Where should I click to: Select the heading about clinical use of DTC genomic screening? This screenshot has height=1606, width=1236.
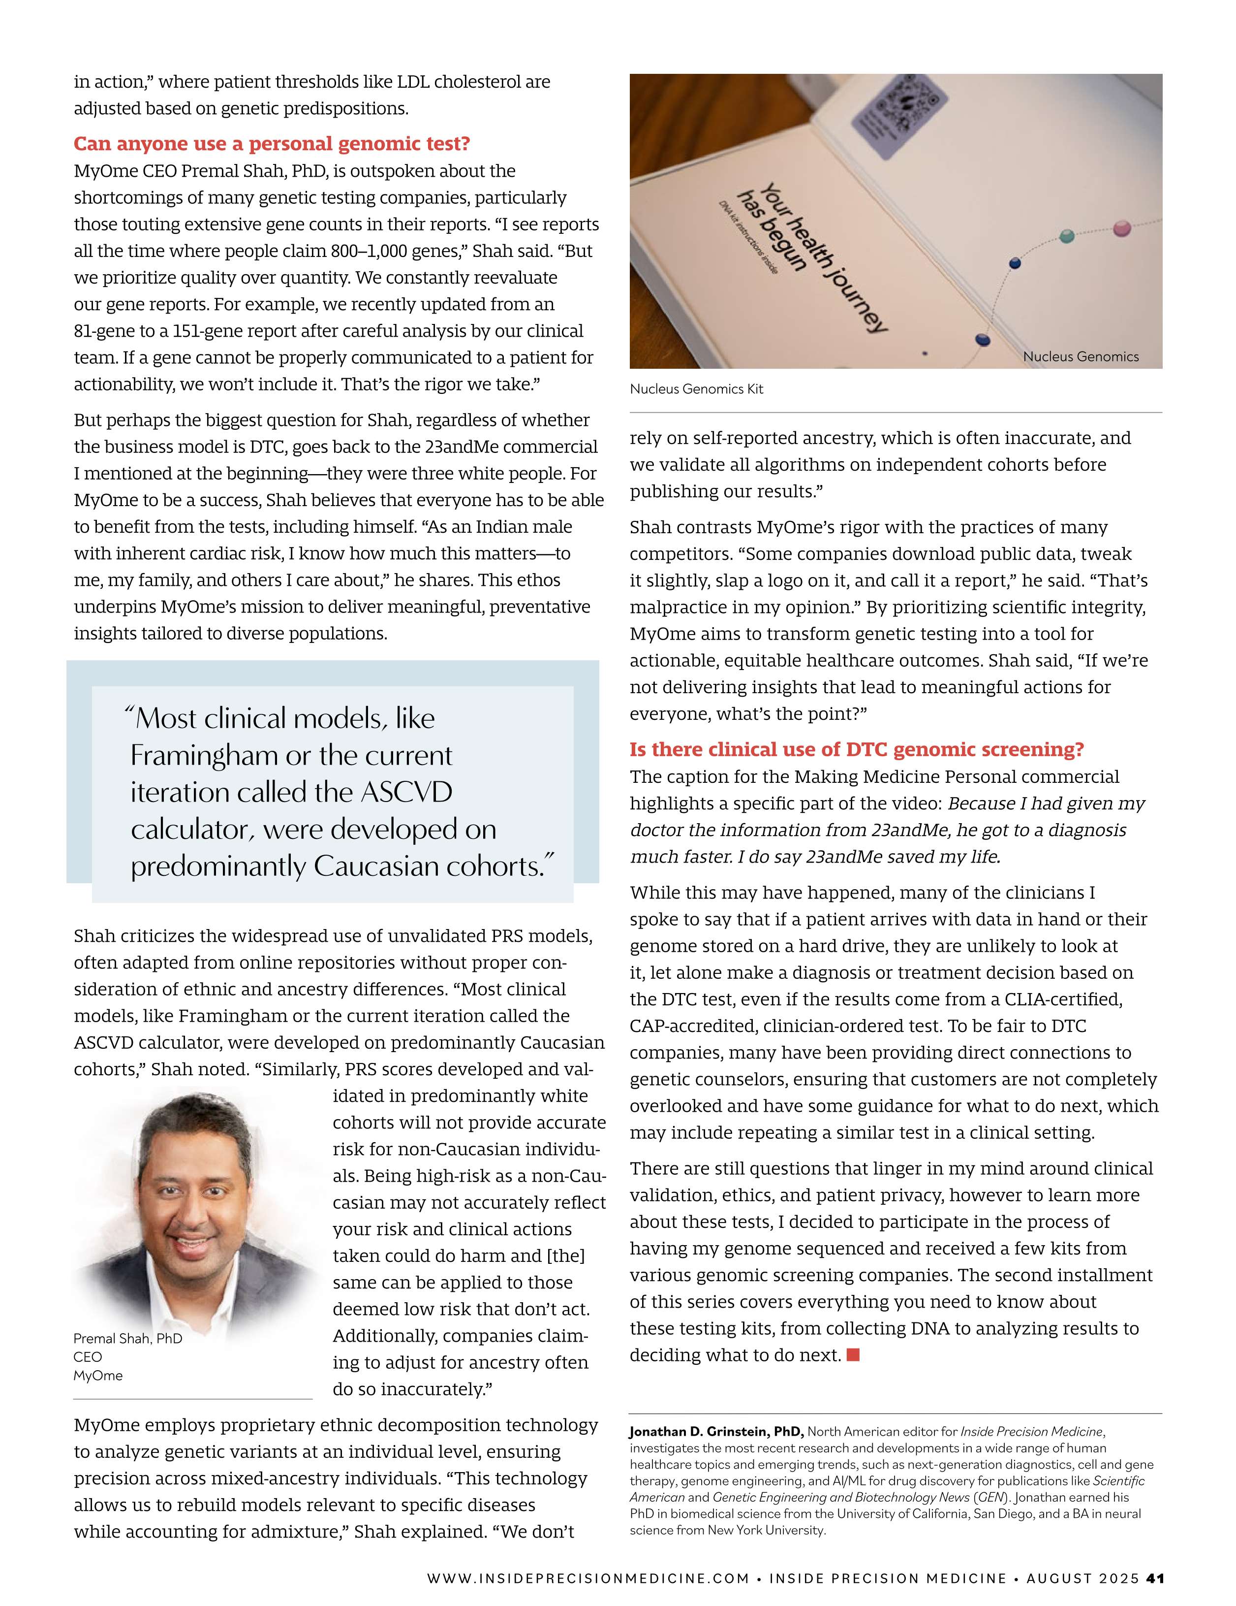(856, 749)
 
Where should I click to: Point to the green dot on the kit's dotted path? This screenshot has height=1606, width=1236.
(1067, 236)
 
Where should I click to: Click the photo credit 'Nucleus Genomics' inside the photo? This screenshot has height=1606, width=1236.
(1080, 356)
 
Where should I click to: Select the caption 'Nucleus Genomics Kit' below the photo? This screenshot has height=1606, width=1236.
(696, 389)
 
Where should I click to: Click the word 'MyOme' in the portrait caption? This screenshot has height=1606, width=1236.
(98, 1375)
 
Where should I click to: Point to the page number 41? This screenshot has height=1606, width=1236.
(1155, 1578)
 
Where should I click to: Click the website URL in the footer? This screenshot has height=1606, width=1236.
(588, 1578)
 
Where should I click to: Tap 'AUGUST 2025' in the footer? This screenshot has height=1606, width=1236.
(1082, 1578)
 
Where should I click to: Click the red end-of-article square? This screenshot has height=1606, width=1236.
(853, 1354)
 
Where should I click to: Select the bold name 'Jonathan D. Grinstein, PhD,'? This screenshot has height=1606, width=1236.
(716, 1432)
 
